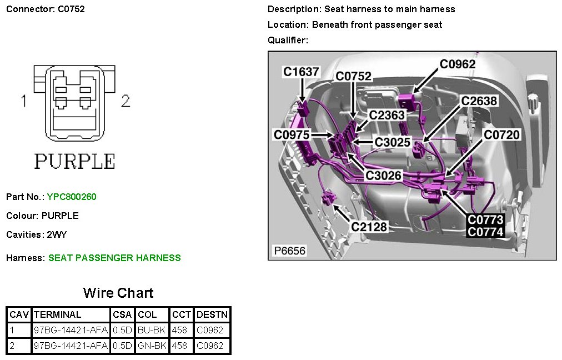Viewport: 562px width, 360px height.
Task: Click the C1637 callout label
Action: (302, 72)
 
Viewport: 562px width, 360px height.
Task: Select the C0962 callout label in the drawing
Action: (458, 64)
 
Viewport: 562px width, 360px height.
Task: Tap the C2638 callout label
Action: (479, 101)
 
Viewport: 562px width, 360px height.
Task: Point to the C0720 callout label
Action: (501, 134)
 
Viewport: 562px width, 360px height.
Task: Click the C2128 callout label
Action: (369, 226)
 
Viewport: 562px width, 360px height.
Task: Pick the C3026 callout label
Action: (383, 176)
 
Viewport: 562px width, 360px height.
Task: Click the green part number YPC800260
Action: (72, 197)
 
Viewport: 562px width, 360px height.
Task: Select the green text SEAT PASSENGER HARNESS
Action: (114, 258)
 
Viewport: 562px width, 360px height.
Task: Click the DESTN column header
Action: (212, 314)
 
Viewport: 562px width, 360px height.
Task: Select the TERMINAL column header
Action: (57, 314)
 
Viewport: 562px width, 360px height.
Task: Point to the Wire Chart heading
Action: (118, 293)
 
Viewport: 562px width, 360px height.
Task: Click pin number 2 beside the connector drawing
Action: (126, 101)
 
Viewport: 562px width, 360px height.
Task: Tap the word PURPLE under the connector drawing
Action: (74, 161)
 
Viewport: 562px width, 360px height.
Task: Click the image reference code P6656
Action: (290, 251)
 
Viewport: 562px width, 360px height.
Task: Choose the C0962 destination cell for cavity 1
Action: (210, 330)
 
